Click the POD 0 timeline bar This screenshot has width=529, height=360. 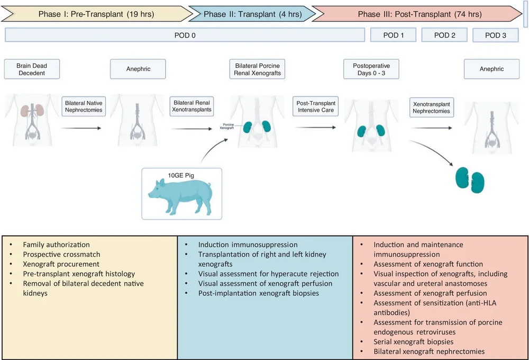point(185,35)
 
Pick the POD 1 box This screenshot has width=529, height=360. point(393,35)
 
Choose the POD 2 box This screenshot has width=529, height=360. point(444,35)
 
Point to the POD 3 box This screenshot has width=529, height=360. point(496,35)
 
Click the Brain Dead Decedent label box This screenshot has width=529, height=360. point(32,69)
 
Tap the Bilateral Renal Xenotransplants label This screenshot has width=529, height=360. point(191,106)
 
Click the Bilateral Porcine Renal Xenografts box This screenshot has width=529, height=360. point(258,69)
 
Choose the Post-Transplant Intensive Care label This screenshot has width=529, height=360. point(315,106)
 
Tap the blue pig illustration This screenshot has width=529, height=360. point(179,193)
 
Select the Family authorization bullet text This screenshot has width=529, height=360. point(56,245)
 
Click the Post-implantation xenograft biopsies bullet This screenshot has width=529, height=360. point(258,293)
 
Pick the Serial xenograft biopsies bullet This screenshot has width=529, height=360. point(414,342)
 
